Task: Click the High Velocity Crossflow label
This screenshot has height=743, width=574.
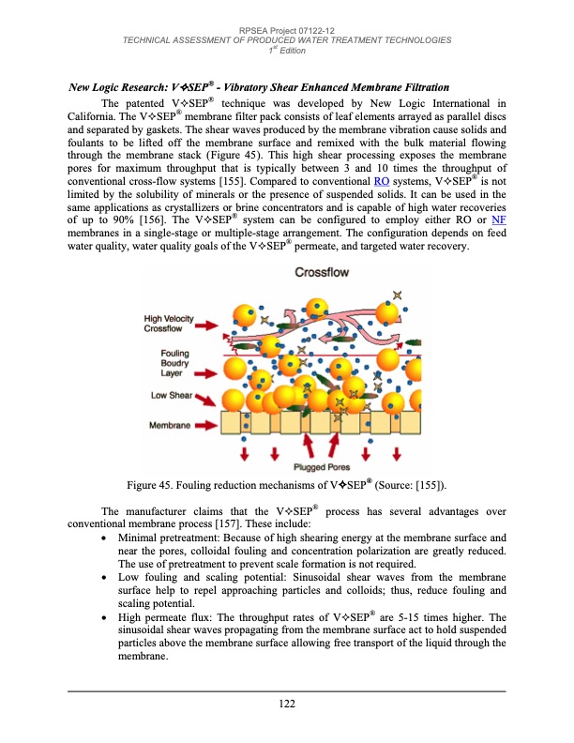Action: pos(169,324)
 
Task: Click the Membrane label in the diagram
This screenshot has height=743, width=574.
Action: pos(172,426)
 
